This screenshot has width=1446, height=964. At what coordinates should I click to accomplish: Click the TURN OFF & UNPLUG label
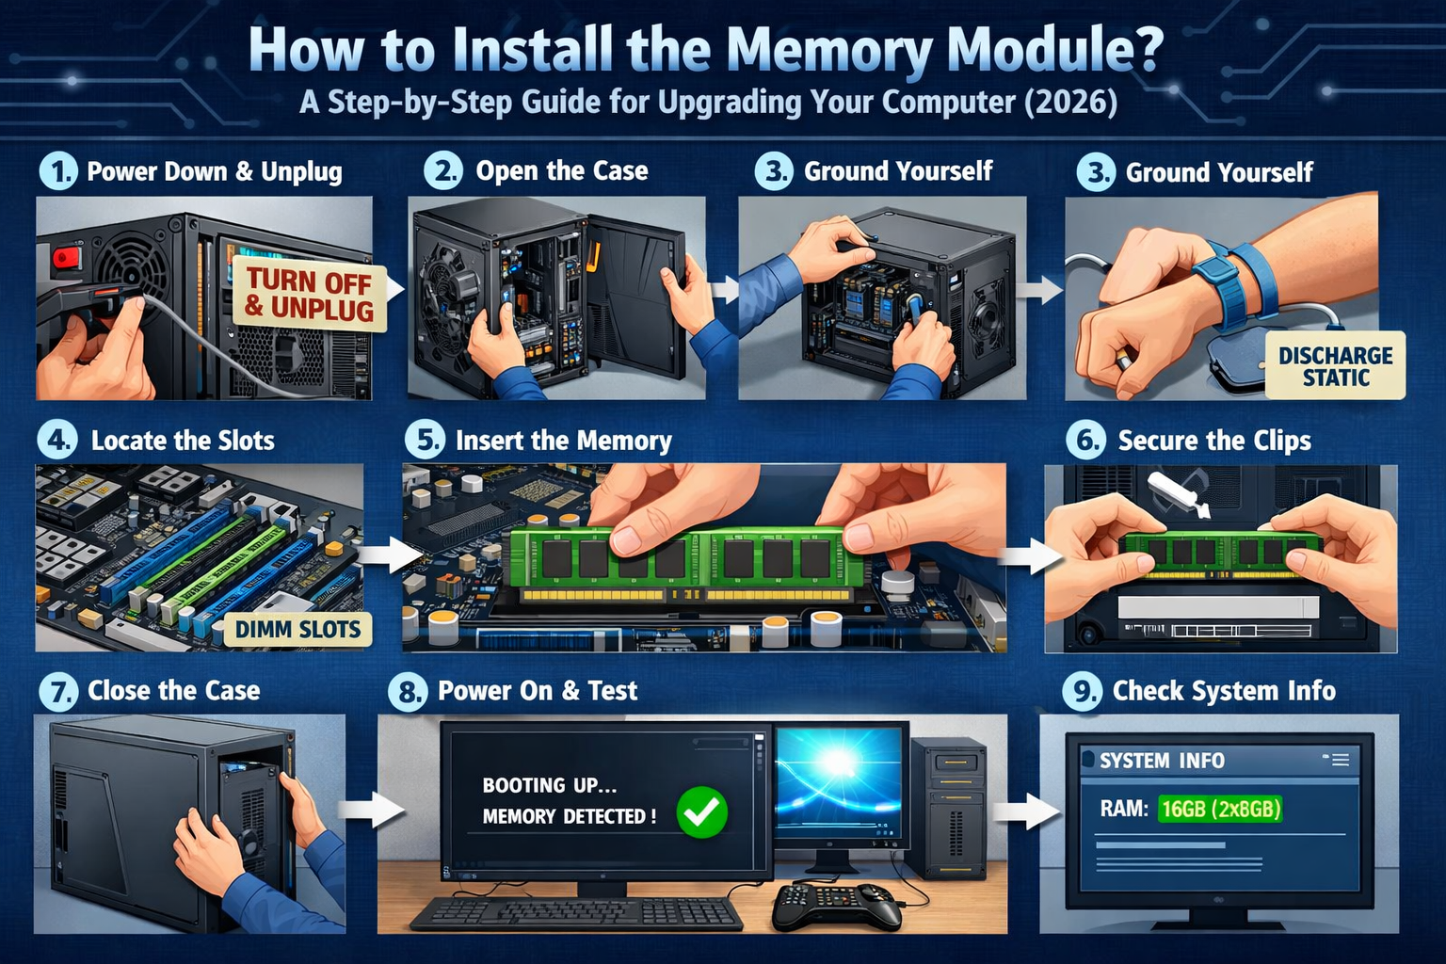point(309,295)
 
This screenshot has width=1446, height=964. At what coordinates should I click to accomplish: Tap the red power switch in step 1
point(68,258)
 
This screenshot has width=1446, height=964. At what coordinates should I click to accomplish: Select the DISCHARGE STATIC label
point(1335,365)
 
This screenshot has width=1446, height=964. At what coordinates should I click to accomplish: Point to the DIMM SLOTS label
point(297,630)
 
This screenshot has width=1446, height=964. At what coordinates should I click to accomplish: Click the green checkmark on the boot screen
point(701,812)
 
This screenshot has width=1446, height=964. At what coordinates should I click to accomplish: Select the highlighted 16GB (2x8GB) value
point(1220,809)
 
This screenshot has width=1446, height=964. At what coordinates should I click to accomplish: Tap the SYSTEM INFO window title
point(1162,761)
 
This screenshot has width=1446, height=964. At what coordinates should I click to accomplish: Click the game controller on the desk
point(837,906)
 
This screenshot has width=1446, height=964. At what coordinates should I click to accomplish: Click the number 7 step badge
point(58,692)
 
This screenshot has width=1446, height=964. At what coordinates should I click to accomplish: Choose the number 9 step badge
point(1082,692)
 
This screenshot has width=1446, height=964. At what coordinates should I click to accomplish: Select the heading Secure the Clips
point(1214,441)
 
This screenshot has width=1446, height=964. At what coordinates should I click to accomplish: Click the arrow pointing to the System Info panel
point(1026,811)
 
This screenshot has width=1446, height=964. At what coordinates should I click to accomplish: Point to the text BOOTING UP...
point(550,785)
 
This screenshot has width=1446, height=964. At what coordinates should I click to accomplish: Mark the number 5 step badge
point(425,441)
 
